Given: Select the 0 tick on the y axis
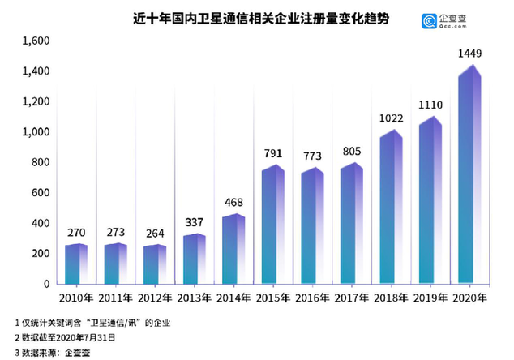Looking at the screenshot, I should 46,285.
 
